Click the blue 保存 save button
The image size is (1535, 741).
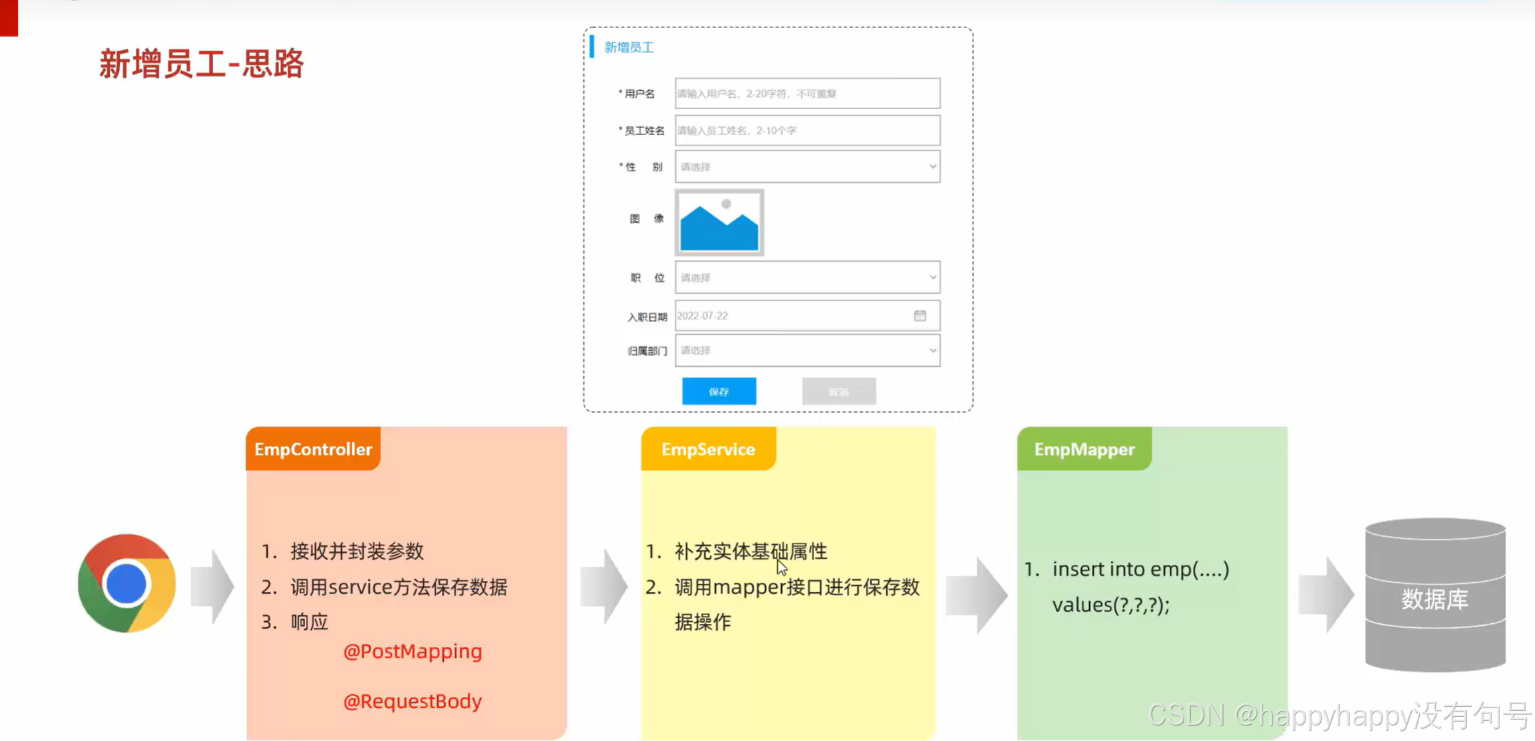coord(719,392)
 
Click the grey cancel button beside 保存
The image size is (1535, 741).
coord(839,392)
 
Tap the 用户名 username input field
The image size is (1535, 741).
coord(807,94)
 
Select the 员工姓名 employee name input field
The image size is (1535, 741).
coord(807,131)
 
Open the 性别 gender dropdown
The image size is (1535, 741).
coord(807,167)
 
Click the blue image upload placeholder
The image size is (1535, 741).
coord(719,222)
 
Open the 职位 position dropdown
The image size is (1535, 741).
coord(807,277)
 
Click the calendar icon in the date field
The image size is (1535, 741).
coord(920,315)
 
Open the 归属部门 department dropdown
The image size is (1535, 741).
coord(807,351)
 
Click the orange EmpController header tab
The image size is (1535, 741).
coord(313,449)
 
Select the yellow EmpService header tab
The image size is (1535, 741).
coord(708,449)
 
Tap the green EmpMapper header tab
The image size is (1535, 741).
coord(1084,449)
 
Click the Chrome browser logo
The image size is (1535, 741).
coord(127,583)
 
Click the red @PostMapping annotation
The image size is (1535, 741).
coord(412,651)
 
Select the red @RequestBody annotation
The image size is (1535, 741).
coord(412,701)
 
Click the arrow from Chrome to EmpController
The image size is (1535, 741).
coord(212,586)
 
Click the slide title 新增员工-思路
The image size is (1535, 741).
coord(201,64)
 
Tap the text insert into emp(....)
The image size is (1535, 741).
coord(1140,569)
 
